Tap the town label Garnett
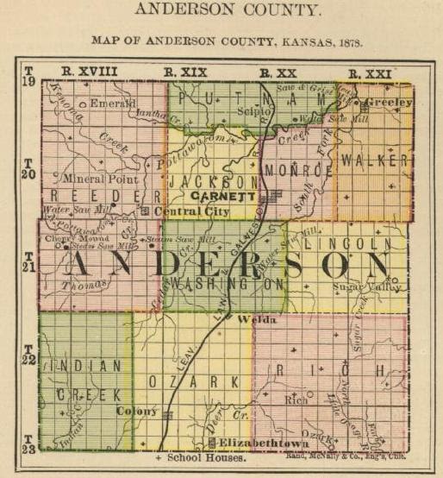222,196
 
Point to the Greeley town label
389,102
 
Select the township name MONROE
297,170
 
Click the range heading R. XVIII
90,71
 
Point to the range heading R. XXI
370,72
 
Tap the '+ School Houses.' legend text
200,458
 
